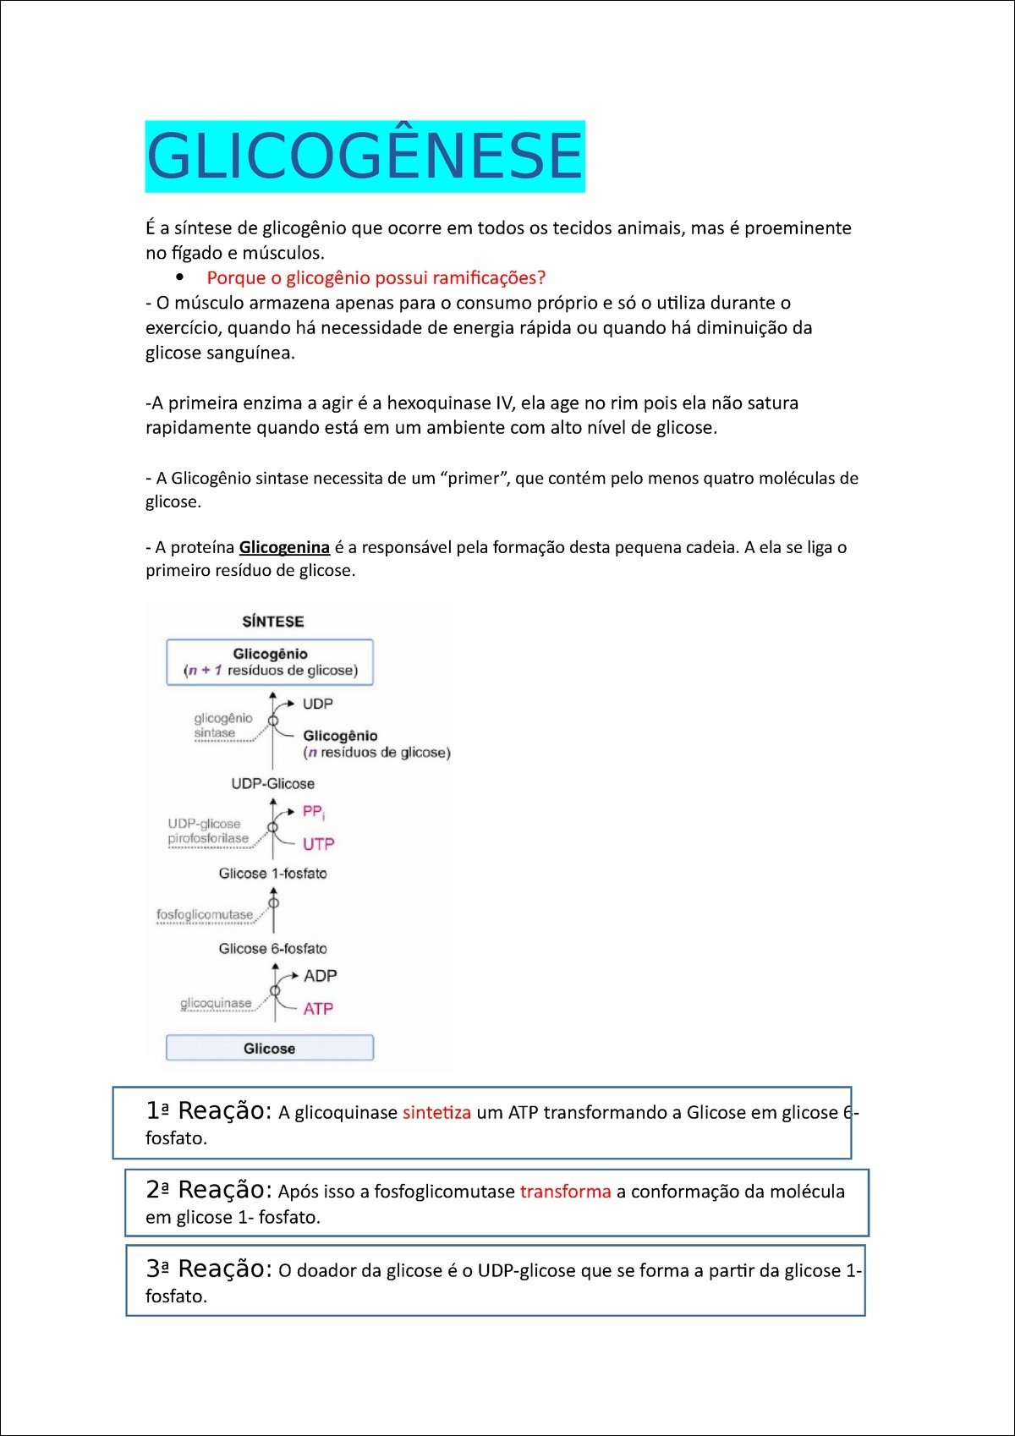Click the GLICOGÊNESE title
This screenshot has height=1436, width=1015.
tap(365, 156)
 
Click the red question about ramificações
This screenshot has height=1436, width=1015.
tap(376, 277)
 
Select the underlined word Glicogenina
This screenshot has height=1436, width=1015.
tap(284, 547)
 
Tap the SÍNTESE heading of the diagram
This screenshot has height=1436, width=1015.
tap(272, 622)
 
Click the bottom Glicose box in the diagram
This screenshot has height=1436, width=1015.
tap(269, 1048)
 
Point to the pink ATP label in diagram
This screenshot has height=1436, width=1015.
tap(318, 1008)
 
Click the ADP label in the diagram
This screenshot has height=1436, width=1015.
tap(320, 976)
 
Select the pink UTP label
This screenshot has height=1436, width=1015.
tap(318, 844)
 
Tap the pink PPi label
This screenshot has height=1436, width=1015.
tap(313, 812)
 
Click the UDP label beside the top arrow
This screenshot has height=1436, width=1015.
tap(317, 704)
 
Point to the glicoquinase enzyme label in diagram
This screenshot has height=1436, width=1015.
tap(216, 1003)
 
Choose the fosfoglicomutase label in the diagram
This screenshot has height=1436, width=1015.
tap(205, 915)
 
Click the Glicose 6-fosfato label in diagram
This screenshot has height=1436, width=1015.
tap(272, 949)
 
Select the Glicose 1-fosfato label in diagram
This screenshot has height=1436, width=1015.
tap(272, 874)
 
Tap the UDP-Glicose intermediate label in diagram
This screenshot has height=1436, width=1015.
tap(272, 784)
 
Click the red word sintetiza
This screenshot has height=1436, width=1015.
tap(436, 1112)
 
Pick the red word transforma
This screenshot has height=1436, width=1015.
tap(565, 1192)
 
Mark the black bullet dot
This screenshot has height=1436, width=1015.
tap(179, 277)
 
